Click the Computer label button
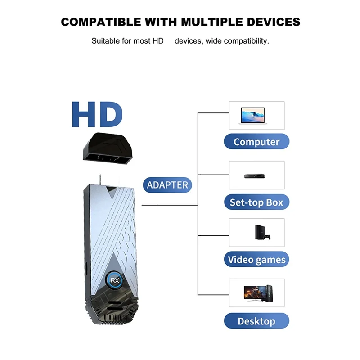click(256, 142)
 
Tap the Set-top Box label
click(256, 202)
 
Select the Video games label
click(256, 260)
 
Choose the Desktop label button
click(256, 321)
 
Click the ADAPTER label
click(167, 184)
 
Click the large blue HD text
click(97, 115)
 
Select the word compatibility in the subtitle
click(243, 41)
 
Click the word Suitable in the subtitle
click(106, 41)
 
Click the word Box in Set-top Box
click(274, 202)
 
